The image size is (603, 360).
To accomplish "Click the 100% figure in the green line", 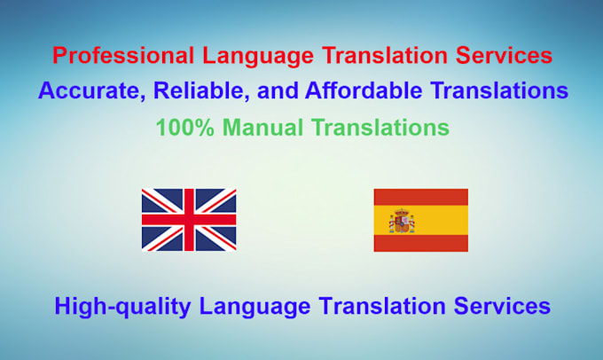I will (181, 127).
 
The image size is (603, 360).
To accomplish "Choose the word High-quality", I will (123, 306).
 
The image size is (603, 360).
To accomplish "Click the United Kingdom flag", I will (189, 219).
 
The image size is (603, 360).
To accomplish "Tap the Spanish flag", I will (420, 219).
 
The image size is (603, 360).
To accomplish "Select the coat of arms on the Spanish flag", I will (402, 220).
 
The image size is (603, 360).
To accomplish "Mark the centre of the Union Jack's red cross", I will (189, 219).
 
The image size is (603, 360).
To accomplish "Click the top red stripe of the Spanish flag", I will (420, 196).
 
